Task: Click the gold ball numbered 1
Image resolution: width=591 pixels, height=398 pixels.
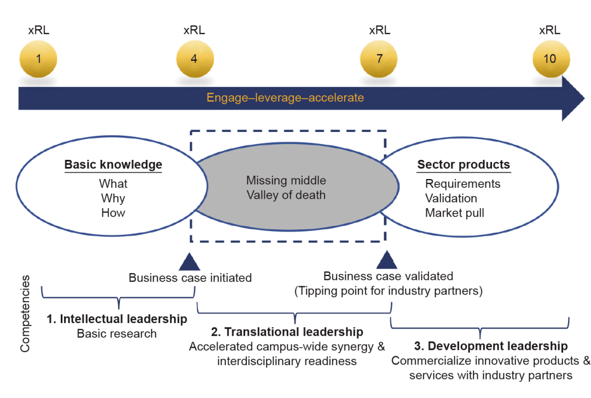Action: (38, 58)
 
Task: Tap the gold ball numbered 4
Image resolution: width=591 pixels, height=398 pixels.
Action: (194, 58)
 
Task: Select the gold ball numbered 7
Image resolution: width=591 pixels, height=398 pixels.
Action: (379, 58)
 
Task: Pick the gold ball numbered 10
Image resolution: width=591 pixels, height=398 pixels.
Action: (550, 58)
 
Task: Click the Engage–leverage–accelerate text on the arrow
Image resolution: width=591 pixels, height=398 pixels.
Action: (285, 98)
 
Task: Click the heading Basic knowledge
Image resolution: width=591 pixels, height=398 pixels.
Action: (113, 165)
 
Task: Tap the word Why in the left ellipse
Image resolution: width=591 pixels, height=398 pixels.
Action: (113, 198)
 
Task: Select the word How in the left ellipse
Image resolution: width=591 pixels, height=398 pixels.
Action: (113, 213)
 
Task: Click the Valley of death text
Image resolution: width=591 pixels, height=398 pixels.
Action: (286, 195)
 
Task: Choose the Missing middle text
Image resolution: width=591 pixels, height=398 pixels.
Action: (286, 181)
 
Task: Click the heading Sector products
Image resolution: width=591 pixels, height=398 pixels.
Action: (463, 165)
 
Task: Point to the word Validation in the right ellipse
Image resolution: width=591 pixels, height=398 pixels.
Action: (451, 198)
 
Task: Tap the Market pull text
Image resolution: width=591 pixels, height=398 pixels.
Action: (455, 213)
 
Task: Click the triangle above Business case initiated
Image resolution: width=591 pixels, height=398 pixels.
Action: (189, 262)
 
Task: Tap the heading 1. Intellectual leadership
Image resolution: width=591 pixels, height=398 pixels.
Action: (117, 319)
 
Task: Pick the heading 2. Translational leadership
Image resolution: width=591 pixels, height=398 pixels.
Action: (287, 332)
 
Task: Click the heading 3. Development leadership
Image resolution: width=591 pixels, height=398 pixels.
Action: (490, 346)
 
